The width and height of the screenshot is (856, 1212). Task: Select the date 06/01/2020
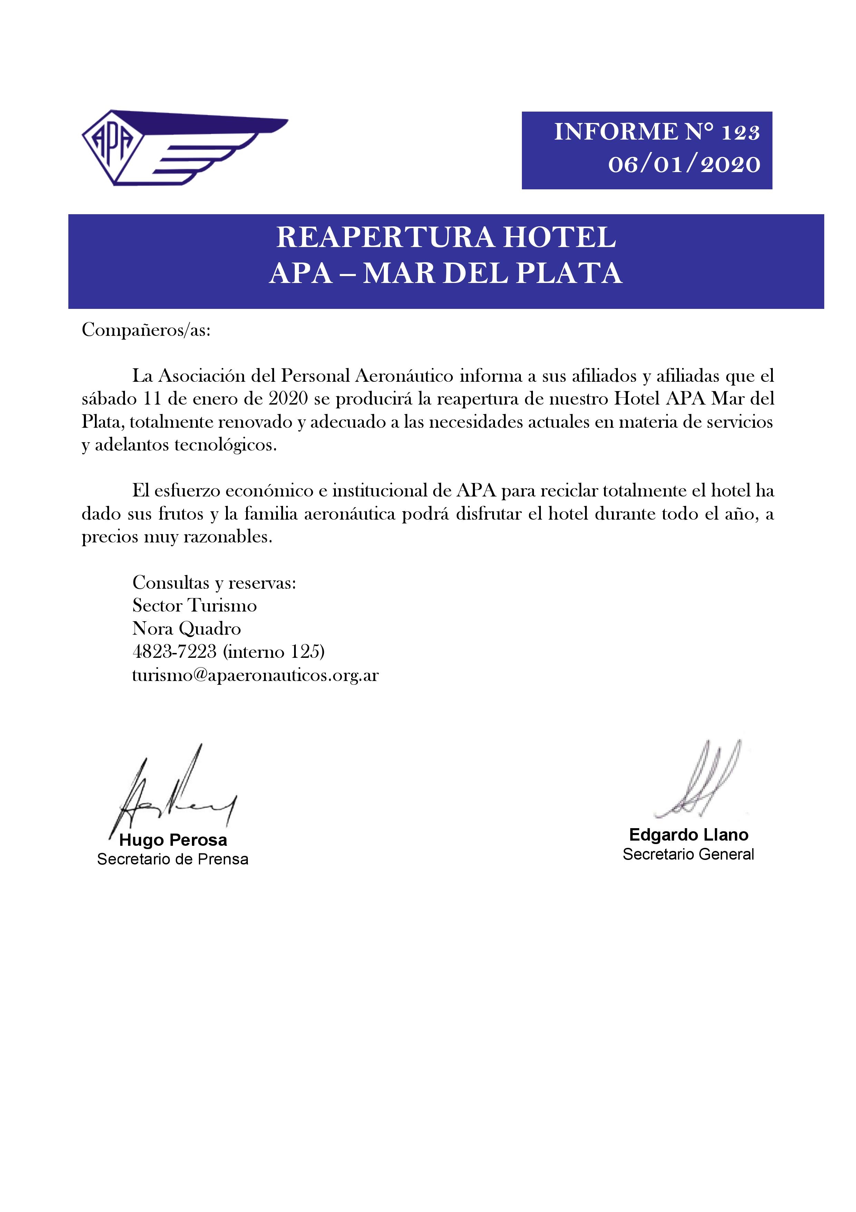(684, 165)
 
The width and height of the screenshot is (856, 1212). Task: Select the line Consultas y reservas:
(214, 583)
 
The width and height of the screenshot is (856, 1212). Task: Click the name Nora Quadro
(187, 629)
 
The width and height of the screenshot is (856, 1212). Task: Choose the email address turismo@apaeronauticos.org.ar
(255, 675)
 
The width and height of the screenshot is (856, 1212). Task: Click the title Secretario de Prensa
(173, 859)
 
